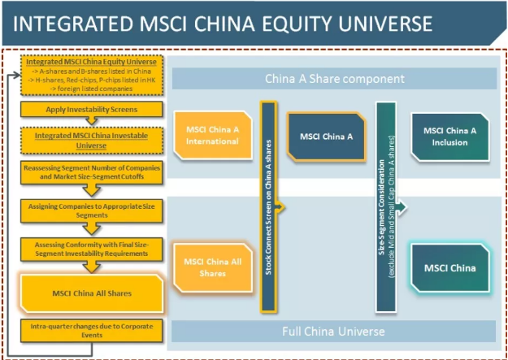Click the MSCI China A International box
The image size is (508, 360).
coord(209,135)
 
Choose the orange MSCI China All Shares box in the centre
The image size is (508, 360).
coord(209,267)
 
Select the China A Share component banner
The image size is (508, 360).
coord(334,79)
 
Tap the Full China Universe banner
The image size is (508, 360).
coord(332,332)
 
